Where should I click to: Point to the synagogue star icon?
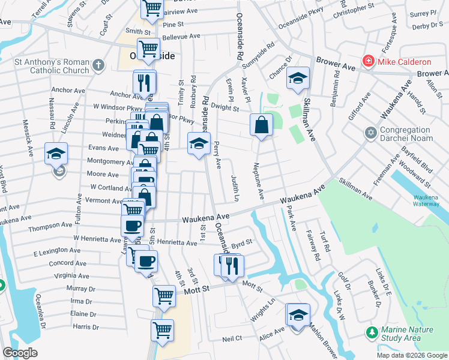pyautogui.click(x=370, y=131)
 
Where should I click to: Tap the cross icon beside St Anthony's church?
pyautogui.click(x=97, y=64)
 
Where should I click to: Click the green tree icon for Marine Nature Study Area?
pyautogui.click(x=372, y=331)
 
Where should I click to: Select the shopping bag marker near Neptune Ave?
pyautogui.click(x=261, y=125)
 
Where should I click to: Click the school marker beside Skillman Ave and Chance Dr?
pyautogui.click(x=297, y=79)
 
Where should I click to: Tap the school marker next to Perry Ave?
pyautogui.click(x=199, y=143)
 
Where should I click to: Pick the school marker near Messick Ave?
pyautogui.click(x=56, y=154)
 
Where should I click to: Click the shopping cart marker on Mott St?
pyautogui.click(x=164, y=296)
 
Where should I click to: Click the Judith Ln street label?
pyautogui.click(x=235, y=188)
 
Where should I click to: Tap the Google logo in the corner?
pyautogui.click(x=20, y=353)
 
